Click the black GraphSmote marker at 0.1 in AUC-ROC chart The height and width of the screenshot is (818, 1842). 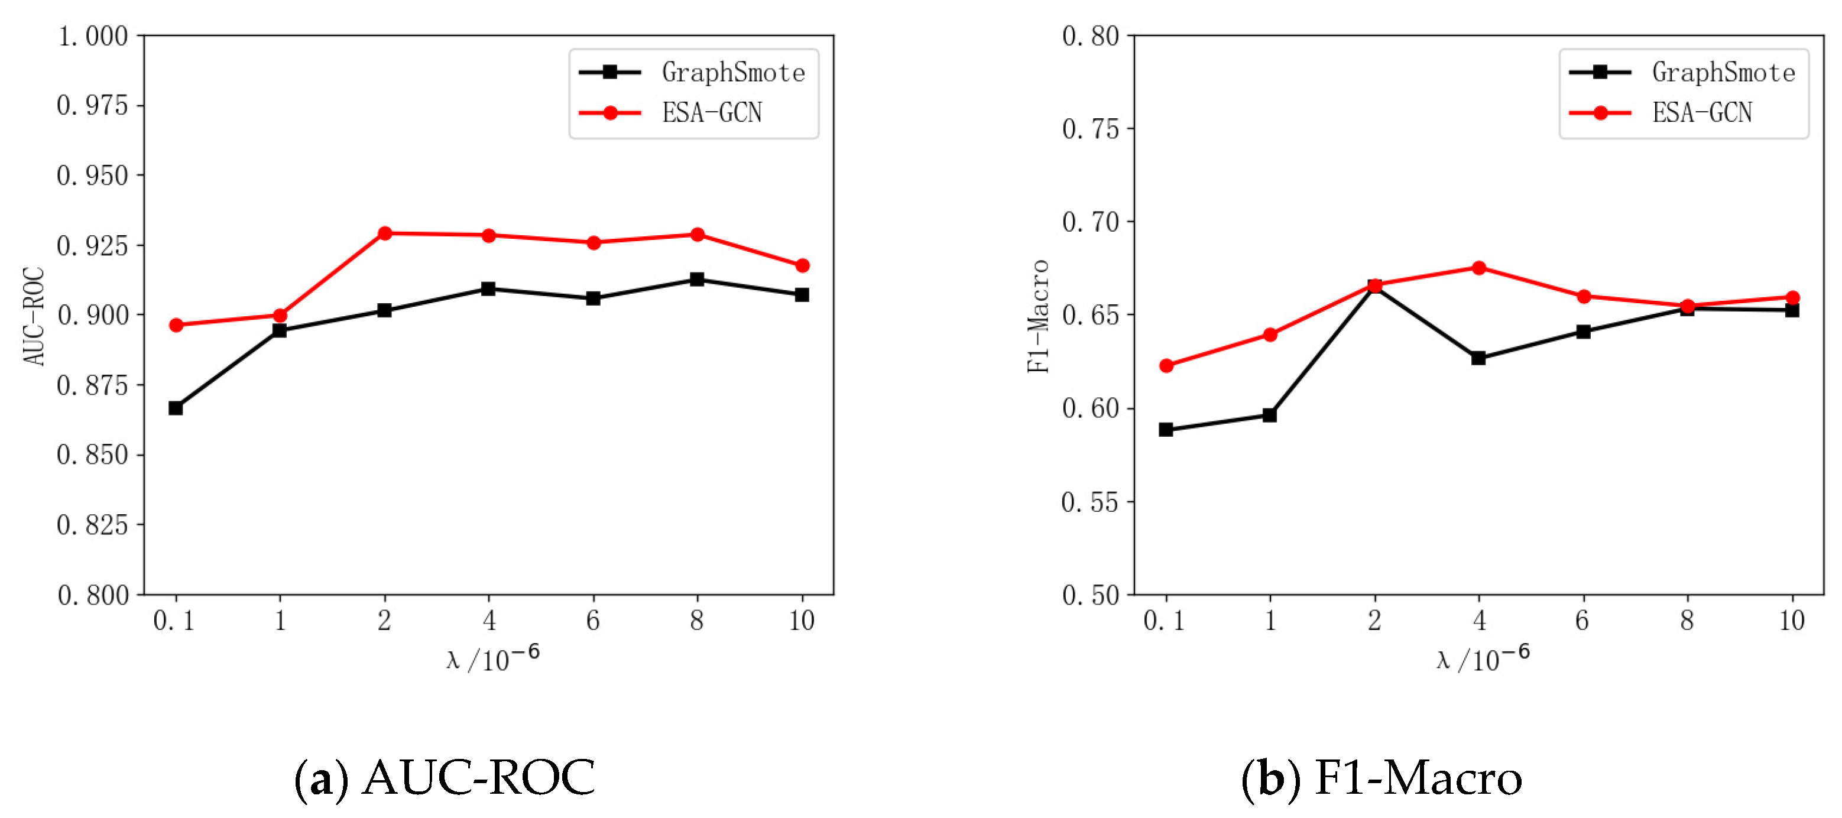click(x=175, y=408)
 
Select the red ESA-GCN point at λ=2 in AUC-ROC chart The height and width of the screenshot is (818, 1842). click(x=385, y=233)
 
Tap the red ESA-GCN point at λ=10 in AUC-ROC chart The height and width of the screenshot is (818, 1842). click(x=802, y=265)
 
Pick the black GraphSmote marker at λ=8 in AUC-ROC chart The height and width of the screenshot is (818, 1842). click(x=697, y=279)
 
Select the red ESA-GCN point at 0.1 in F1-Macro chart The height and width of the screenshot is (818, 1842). click(x=1166, y=365)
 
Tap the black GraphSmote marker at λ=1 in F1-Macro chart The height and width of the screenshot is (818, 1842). click(x=1270, y=415)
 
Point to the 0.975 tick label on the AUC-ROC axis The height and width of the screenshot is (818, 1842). click(x=92, y=106)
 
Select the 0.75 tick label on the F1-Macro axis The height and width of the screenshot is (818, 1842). click(x=1091, y=129)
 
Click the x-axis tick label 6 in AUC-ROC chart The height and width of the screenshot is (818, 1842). click(x=593, y=621)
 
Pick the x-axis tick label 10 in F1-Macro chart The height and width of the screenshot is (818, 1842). click(x=1792, y=621)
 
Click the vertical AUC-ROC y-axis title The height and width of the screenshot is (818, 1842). click(x=34, y=316)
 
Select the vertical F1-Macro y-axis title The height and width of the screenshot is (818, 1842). click(x=1038, y=316)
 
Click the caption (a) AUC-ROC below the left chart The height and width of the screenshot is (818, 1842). click(x=445, y=778)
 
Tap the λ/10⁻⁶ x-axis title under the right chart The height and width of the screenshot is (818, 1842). click(x=1483, y=658)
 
